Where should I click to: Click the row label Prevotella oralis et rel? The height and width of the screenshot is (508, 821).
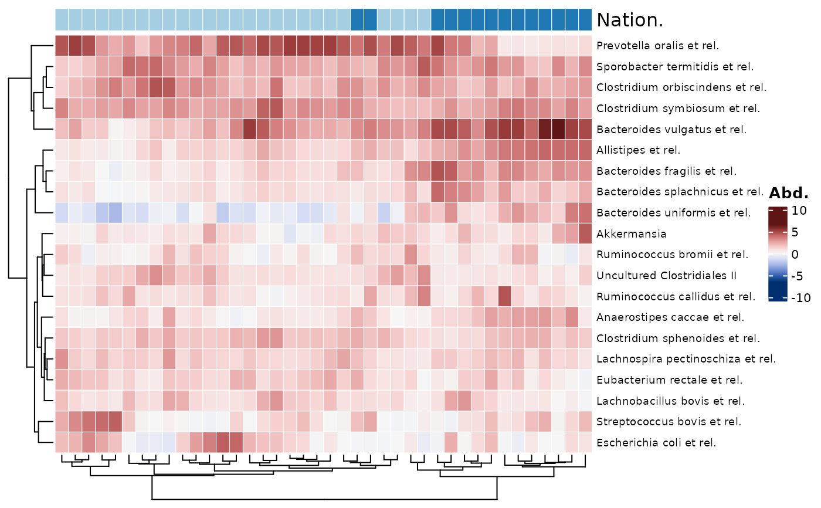click(657, 46)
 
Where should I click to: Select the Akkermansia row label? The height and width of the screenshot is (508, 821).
click(631, 234)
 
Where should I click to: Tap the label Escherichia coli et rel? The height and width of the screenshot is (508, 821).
click(656, 443)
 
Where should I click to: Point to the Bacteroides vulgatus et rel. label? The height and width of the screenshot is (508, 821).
click(671, 130)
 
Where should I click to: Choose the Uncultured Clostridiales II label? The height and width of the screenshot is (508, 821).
click(666, 276)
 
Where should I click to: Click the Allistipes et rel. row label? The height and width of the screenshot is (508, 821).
click(638, 150)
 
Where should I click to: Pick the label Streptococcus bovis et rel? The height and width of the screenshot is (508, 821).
click(669, 422)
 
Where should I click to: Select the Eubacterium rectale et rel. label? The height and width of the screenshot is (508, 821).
click(669, 380)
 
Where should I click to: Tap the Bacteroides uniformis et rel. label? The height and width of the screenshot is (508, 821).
click(674, 213)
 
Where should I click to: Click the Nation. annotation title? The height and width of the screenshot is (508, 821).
click(630, 20)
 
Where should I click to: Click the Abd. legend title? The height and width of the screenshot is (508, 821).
click(789, 193)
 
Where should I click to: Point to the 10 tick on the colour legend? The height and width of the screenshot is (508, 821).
click(799, 211)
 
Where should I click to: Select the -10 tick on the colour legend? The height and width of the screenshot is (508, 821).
click(800, 297)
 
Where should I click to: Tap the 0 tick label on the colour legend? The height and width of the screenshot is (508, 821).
click(795, 255)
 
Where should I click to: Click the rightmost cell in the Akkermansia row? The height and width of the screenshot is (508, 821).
click(585, 234)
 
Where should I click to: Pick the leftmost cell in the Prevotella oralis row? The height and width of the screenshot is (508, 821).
click(62, 46)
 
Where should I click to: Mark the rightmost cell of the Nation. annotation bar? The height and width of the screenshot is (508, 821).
click(585, 20)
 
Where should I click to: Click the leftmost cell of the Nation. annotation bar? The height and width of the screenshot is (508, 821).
click(62, 20)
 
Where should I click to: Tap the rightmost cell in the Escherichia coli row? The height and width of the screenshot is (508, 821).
click(585, 443)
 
